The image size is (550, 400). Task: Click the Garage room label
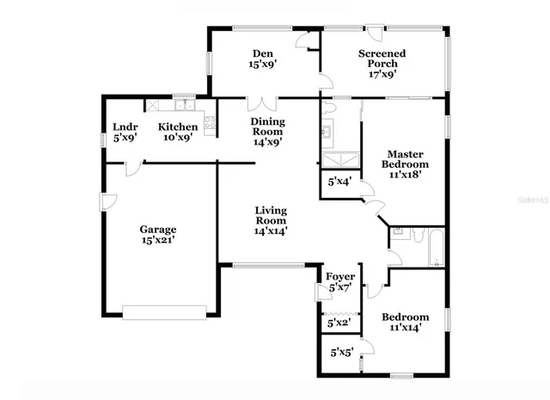coord(158,230)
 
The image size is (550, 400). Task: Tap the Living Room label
coord(270,210)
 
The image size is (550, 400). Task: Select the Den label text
coord(263,52)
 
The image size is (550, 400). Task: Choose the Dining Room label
coord(267,121)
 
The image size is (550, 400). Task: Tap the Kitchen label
coord(178,127)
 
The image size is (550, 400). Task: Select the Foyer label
coord(340,276)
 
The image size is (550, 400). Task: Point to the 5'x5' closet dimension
coord(342,351)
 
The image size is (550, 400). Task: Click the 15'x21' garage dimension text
coord(158,242)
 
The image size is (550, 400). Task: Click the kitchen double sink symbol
coord(183,106)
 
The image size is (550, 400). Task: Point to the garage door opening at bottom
coord(164,311)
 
